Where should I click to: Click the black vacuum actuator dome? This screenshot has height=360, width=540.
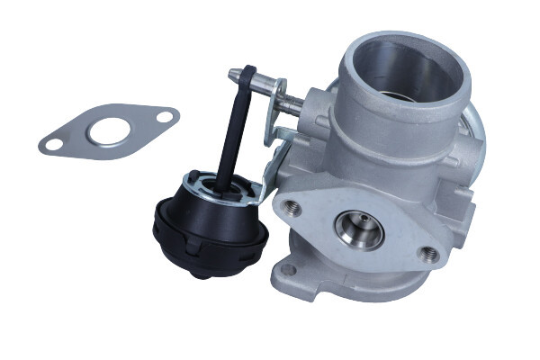[208, 229]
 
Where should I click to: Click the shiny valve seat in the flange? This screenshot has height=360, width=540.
[358, 229]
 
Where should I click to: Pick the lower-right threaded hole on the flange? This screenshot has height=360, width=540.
[430, 256]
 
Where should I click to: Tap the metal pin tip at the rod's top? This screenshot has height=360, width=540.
[233, 71]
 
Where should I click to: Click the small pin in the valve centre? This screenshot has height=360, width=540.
[360, 227]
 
